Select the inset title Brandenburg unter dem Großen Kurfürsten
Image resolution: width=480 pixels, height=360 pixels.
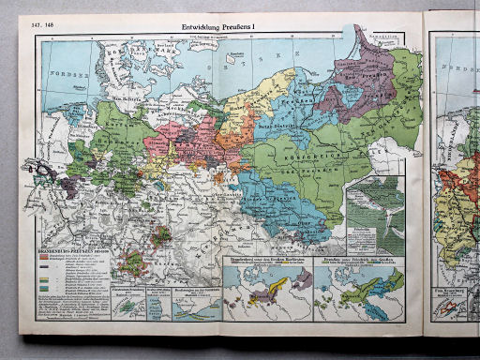tap(266, 255)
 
